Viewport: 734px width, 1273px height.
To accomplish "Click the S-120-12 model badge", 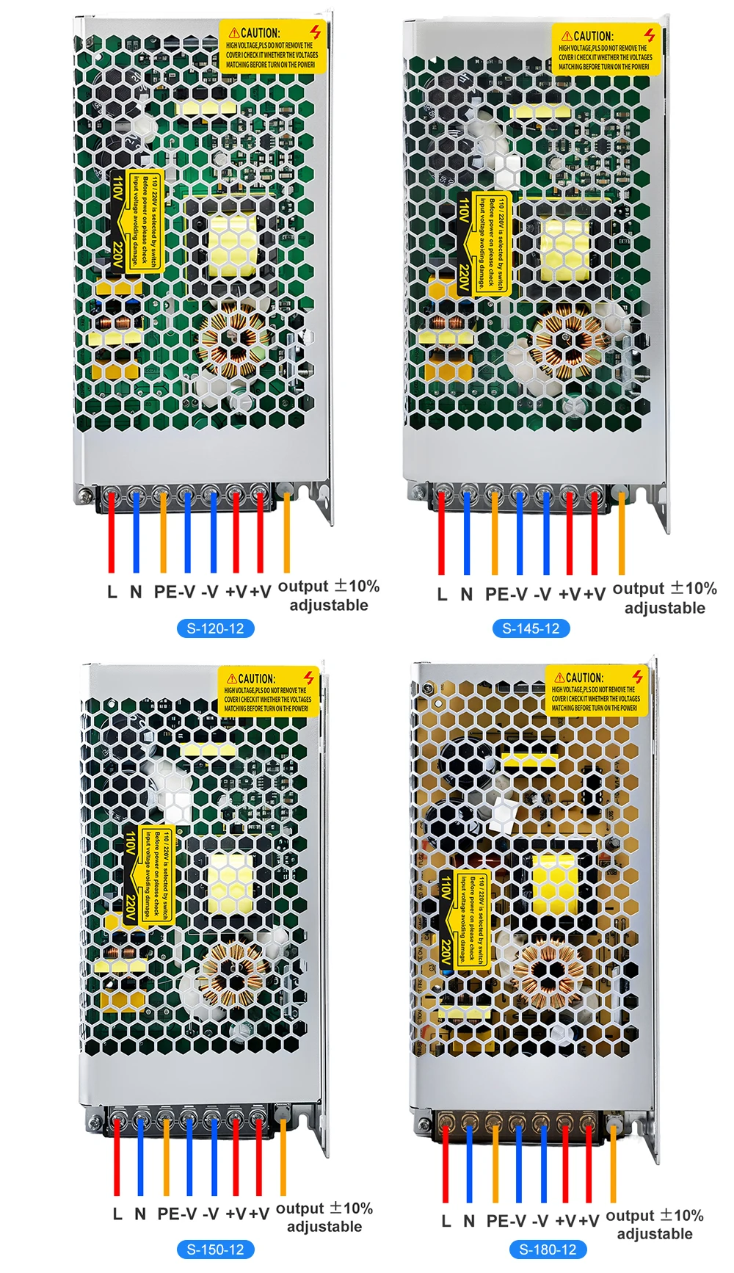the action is point(215,628).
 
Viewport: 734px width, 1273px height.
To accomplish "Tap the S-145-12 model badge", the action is point(531,628).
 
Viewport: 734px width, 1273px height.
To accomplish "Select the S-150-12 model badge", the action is point(215,1250).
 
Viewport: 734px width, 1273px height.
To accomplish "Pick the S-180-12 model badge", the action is point(548,1250).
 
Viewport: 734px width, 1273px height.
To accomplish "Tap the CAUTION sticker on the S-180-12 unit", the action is point(597,691).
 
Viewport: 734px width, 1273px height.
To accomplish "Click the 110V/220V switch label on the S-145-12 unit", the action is point(482,244).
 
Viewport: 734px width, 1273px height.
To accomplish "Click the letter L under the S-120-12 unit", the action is point(112,592).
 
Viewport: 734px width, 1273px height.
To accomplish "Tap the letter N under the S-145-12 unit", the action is point(467,594).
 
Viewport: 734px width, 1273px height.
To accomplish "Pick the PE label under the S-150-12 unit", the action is point(168,1214).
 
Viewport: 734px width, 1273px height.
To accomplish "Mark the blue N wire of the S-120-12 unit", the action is point(136,532).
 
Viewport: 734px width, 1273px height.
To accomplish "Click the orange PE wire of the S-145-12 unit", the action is point(495,532).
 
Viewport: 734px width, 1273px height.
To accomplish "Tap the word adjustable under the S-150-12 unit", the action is point(324,1227).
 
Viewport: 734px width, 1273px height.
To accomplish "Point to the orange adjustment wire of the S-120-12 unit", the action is point(286,532).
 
